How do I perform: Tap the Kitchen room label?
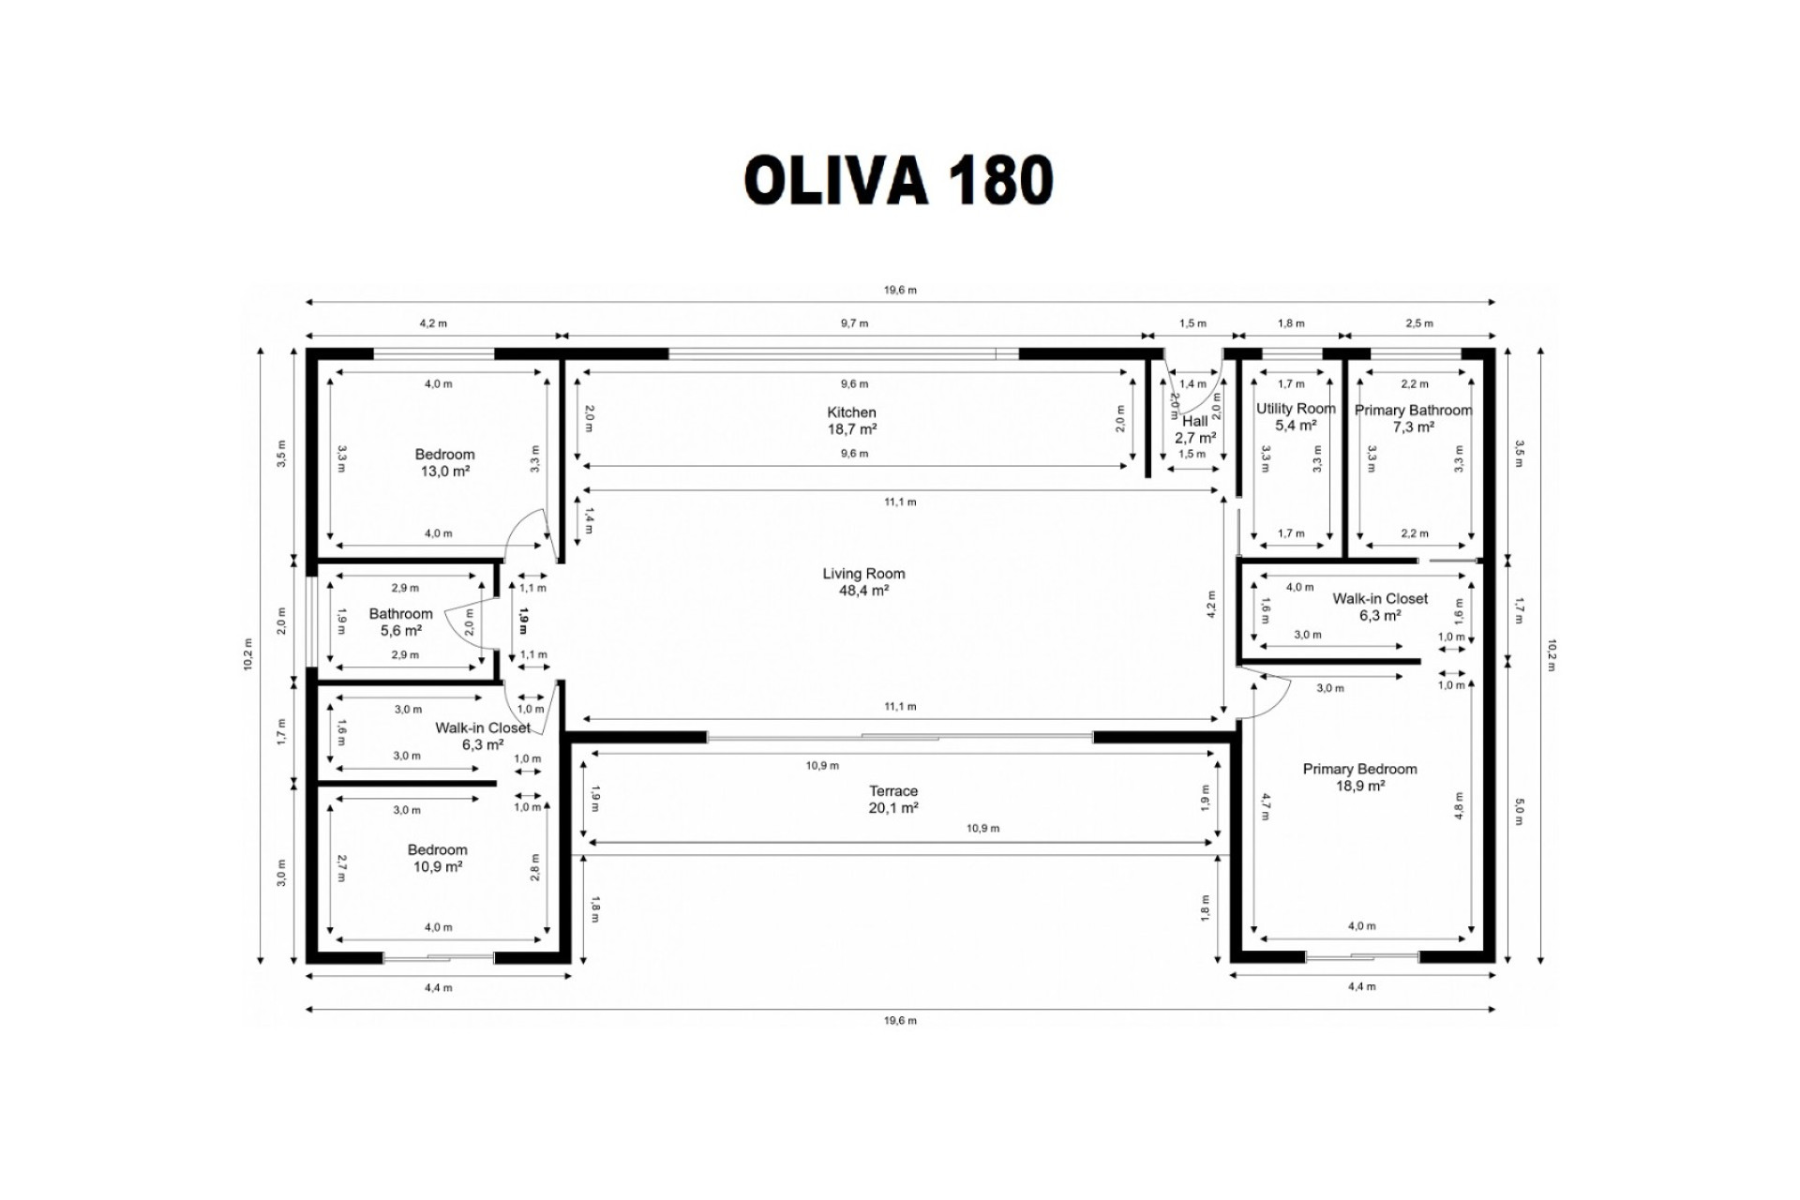[x=851, y=412]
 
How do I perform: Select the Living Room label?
[x=863, y=574]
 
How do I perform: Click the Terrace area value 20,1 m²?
[x=892, y=808]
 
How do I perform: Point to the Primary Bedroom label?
[x=1359, y=769]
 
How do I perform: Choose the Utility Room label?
[x=1296, y=409]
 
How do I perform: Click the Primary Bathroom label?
[x=1413, y=410]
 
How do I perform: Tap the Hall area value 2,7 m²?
[x=1195, y=438]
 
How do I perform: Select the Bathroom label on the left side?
[x=400, y=614]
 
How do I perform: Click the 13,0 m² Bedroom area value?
[x=444, y=472]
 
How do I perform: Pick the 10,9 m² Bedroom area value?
[x=438, y=867]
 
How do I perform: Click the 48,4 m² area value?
[x=863, y=591]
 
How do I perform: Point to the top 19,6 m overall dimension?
[x=900, y=291]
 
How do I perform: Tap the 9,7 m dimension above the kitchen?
[x=854, y=323]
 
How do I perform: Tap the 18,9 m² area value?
[x=1360, y=787]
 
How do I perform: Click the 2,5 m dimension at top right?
[x=1419, y=323]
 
